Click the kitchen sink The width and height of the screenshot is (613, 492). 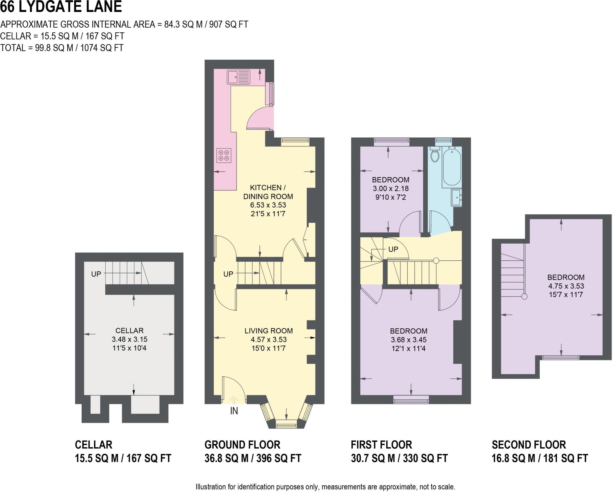tap(238, 77)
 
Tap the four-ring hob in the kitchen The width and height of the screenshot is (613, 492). tap(224, 156)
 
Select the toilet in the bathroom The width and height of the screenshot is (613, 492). tap(435, 155)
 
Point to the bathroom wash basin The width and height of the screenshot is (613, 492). tap(456, 197)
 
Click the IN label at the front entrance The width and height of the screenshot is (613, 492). tap(234, 411)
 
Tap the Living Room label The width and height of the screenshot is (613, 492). tap(268, 331)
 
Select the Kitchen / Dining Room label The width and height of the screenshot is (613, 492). tap(268, 192)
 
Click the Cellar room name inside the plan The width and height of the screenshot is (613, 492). tap(129, 330)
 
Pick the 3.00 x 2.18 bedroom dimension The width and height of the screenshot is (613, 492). tap(391, 188)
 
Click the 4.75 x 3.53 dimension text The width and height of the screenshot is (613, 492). tap(566, 286)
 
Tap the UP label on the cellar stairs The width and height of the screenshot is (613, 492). tap(96, 274)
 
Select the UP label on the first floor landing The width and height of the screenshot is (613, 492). tap(393, 249)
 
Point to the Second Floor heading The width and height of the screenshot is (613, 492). tap(529, 445)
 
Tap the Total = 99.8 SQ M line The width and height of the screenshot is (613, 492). tap(62, 48)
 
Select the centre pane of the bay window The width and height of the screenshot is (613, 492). tap(286, 424)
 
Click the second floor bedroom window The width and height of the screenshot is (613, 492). tap(561, 357)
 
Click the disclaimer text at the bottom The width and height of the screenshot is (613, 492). tap(325, 487)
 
